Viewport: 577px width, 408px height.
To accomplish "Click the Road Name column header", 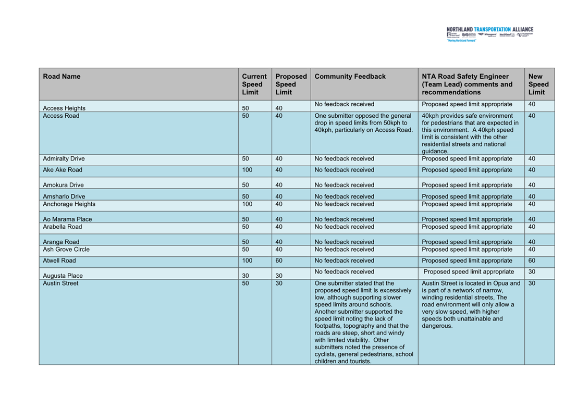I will tap(62, 77).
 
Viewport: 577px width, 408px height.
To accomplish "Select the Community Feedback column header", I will tap(350, 77).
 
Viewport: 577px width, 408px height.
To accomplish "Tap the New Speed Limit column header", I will tap(538, 84).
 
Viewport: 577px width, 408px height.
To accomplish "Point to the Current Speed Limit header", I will tap(254, 84).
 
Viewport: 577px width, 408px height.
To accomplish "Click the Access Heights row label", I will tap(64, 108).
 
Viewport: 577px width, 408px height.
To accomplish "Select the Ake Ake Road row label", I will tap(63, 170).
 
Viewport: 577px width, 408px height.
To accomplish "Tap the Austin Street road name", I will tap(60, 283).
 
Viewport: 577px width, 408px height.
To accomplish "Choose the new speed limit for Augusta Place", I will tap(532, 272).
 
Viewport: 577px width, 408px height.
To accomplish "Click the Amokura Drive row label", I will tap(63, 185).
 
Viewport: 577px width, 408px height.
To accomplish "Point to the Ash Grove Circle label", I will tap(66, 250).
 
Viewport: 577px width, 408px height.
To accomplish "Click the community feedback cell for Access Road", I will tap(363, 123).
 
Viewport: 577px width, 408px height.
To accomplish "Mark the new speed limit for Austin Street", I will tap(532, 283).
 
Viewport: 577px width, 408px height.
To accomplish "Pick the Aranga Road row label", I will tap(61, 242).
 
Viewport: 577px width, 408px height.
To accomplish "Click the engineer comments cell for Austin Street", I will tap(471, 304).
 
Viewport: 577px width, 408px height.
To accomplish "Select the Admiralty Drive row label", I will tap(64, 159).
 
